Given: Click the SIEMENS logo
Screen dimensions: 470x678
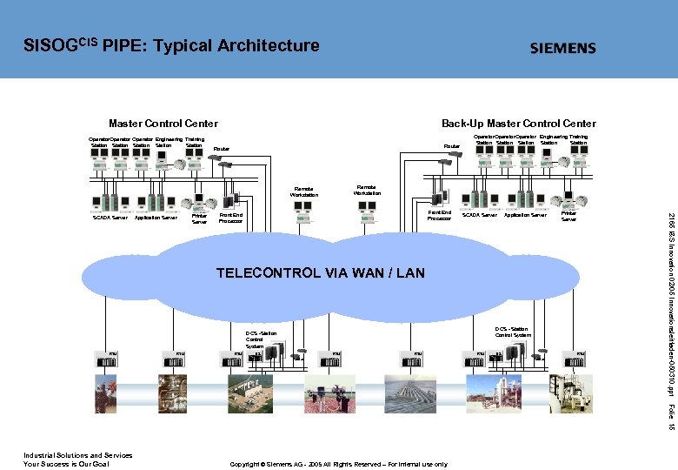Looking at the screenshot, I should (562, 49).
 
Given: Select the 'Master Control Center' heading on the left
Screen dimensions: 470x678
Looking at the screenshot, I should (163, 124).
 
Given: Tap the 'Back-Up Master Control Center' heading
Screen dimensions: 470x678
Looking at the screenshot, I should (518, 124).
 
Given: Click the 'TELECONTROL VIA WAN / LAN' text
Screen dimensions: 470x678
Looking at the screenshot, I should (320, 273).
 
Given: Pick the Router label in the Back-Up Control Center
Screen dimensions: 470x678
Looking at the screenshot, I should (451, 145).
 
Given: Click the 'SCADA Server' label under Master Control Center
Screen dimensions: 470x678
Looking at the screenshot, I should (110, 218).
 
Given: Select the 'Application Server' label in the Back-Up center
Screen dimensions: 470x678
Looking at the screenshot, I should (525, 214).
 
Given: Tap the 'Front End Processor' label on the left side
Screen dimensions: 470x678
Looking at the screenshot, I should (231, 218).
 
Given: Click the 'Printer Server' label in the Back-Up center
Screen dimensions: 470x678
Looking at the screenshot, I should (568, 216).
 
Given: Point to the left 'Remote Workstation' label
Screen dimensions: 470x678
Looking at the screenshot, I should (303, 191).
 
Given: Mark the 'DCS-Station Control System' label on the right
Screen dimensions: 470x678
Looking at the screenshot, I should (513, 332).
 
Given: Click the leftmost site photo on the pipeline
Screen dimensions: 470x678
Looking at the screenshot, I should (107, 396).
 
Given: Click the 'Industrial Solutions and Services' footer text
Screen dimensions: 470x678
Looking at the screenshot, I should (77, 455).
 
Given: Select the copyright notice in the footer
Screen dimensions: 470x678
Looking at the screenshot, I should (338, 464).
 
